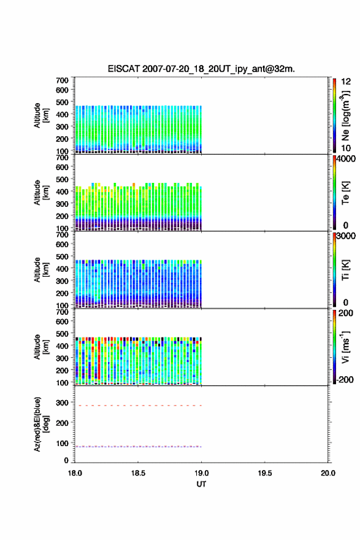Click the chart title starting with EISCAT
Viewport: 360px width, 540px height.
(x=201, y=69)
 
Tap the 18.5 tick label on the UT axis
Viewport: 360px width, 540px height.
(x=138, y=473)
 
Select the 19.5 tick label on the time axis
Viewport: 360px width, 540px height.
(x=265, y=473)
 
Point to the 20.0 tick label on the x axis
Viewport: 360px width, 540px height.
(x=328, y=473)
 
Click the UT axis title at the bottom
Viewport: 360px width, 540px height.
(x=201, y=484)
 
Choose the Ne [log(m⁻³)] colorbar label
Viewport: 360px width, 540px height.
(x=345, y=115)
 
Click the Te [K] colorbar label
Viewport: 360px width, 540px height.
(x=345, y=193)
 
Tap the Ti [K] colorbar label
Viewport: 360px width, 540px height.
(x=345, y=270)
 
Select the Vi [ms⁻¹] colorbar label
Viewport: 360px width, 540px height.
(x=345, y=347)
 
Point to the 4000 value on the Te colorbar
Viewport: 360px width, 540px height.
(x=346, y=159)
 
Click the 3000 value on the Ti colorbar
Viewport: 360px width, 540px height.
(x=346, y=236)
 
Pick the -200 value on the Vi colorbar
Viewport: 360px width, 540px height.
(x=345, y=379)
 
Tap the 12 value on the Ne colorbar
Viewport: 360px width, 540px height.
(x=346, y=82)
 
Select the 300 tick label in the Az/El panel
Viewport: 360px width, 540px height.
(x=62, y=403)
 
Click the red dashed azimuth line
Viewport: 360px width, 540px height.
(x=138, y=406)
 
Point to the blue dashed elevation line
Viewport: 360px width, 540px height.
(x=138, y=447)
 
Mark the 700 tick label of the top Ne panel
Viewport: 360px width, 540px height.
(x=62, y=80)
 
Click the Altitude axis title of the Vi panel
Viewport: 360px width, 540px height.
(x=40, y=347)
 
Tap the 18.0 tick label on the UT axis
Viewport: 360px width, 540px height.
(x=75, y=473)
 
